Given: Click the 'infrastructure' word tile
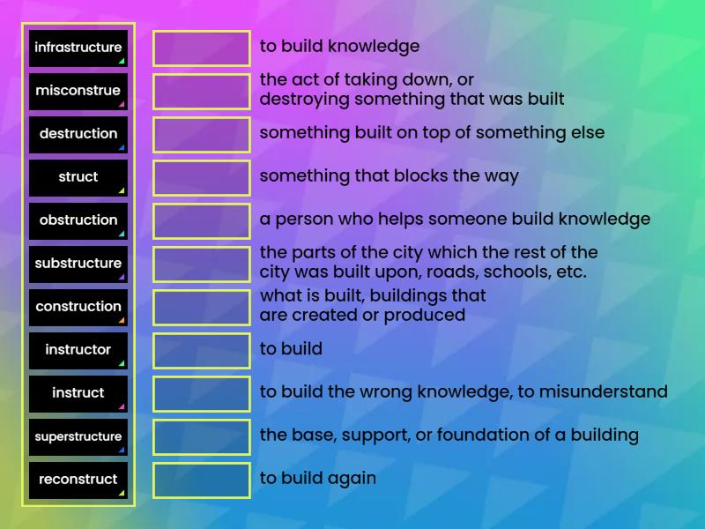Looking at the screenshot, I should click(x=78, y=48).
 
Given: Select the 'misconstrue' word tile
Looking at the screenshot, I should click(x=78, y=91).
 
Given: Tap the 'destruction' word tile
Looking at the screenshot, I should click(x=78, y=134).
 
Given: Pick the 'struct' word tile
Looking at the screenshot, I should click(x=78, y=177).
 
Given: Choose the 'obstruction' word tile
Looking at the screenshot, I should click(x=78, y=220).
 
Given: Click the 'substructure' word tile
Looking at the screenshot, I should click(x=78, y=264).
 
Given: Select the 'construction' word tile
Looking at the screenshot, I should click(x=78, y=307).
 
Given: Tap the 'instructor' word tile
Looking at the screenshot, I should click(x=78, y=350).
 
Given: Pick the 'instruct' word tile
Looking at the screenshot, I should click(x=78, y=393).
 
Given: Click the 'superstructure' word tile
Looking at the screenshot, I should click(x=78, y=436).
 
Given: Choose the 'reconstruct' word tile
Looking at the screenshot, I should click(x=78, y=480).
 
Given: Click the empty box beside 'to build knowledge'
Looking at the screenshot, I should click(x=202, y=48).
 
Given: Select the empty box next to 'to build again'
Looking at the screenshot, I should click(x=202, y=481).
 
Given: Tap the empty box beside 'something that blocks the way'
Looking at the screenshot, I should click(x=202, y=178).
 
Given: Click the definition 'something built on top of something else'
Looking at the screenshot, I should click(x=432, y=133).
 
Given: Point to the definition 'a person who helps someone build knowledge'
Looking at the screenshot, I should click(x=455, y=220).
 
